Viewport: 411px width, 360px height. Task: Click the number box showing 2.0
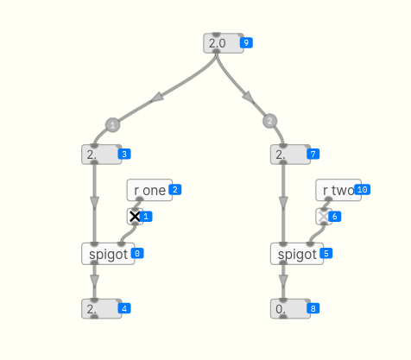[224, 43]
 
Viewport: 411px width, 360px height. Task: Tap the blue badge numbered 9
[246, 43]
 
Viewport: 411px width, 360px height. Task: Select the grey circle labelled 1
[113, 125]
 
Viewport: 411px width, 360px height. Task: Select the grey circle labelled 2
[269, 121]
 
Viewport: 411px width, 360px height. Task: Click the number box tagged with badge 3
[101, 155]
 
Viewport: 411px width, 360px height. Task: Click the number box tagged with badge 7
[290, 155]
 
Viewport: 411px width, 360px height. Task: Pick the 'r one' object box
[149, 190]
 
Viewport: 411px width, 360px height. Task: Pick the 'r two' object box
[338, 190]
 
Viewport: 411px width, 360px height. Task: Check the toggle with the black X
[135, 217]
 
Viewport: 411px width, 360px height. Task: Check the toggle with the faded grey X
[324, 217]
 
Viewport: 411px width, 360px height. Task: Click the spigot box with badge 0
[108, 254]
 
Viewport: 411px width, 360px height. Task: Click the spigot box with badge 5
[297, 254]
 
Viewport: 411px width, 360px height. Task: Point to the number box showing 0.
[290, 309]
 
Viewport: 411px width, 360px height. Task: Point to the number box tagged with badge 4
[101, 309]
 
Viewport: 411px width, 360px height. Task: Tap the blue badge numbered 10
[363, 190]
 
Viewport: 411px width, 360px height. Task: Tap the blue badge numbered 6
[335, 217]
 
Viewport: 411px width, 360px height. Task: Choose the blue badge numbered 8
[313, 309]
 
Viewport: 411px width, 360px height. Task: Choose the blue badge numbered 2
[175, 190]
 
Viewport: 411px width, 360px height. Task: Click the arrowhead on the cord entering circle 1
[157, 98]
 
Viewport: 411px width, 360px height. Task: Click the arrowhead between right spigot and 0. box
[283, 281]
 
